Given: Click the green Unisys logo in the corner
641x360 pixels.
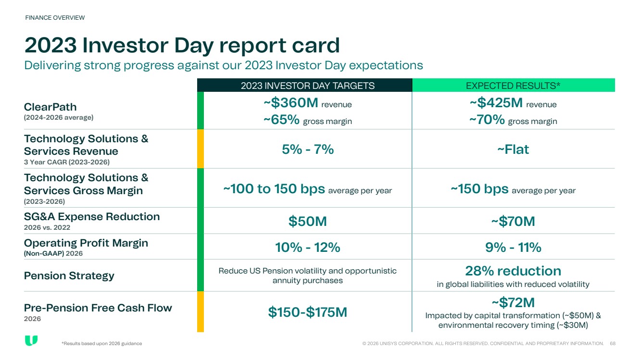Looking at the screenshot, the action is [31, 340].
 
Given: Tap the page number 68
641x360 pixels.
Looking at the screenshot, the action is [613, 343].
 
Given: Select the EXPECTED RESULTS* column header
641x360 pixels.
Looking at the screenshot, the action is [513, 86].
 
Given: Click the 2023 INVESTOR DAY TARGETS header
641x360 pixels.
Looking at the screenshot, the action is [308, 86].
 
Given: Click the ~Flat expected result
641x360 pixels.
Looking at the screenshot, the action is [513, 149].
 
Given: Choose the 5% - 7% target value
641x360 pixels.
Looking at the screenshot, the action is [308, 149].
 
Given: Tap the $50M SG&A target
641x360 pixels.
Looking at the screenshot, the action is [308, 221].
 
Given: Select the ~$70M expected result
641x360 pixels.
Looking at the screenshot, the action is [513, 221].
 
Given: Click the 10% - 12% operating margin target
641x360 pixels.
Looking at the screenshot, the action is [308, 248].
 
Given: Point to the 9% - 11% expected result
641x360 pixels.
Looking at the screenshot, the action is [513, 248].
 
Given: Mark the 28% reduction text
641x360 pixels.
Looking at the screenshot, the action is [513, 271].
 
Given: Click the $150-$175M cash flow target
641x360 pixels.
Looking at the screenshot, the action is [308, 312].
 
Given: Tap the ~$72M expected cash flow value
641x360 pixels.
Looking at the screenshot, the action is [513, 302].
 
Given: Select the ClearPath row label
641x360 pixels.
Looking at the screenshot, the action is [50, 107].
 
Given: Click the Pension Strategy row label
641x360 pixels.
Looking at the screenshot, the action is [69, 276].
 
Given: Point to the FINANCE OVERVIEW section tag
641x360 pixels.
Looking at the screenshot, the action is [55, 18].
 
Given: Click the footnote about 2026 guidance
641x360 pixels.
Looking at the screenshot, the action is [101, 343].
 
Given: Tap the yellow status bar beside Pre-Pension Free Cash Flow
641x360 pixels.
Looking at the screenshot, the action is [201, 311].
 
